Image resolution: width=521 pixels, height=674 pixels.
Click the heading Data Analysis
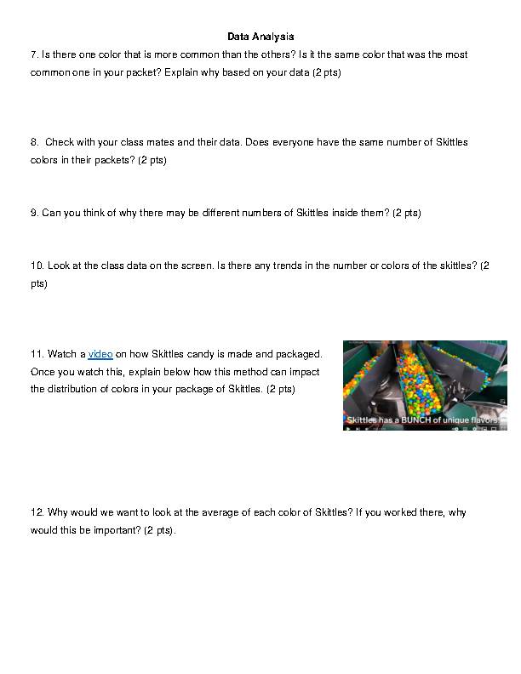click(x=260, y=37)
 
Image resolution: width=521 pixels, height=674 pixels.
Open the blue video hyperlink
click(x=100, y=354)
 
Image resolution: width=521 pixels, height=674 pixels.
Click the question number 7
click(x=34, y=54)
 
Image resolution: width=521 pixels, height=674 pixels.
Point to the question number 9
click(x=34, y=213)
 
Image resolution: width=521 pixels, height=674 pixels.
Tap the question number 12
click(x=37, y=512)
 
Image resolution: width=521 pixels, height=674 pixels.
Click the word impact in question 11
click(x=304, y=372)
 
